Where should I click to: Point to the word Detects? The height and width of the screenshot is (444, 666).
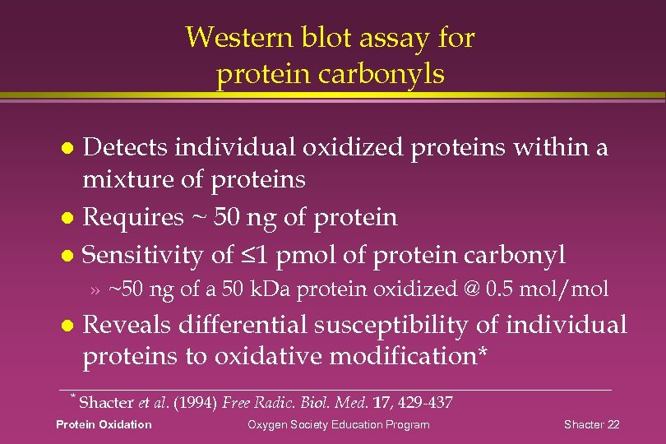[x=127, y=147]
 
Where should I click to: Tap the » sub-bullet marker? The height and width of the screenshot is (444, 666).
[x=95, y=290]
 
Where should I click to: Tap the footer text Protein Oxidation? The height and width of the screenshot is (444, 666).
[x=103, y=424]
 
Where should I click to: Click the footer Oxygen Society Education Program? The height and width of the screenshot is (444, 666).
[x=338, y=424]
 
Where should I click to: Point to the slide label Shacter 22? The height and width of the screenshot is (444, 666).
[x=591, y=424]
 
